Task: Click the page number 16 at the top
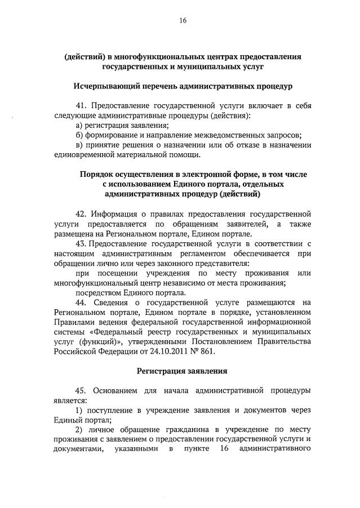click(183, 21)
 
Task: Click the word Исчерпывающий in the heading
click(106, 87)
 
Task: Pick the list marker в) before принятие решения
click(79, 145)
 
